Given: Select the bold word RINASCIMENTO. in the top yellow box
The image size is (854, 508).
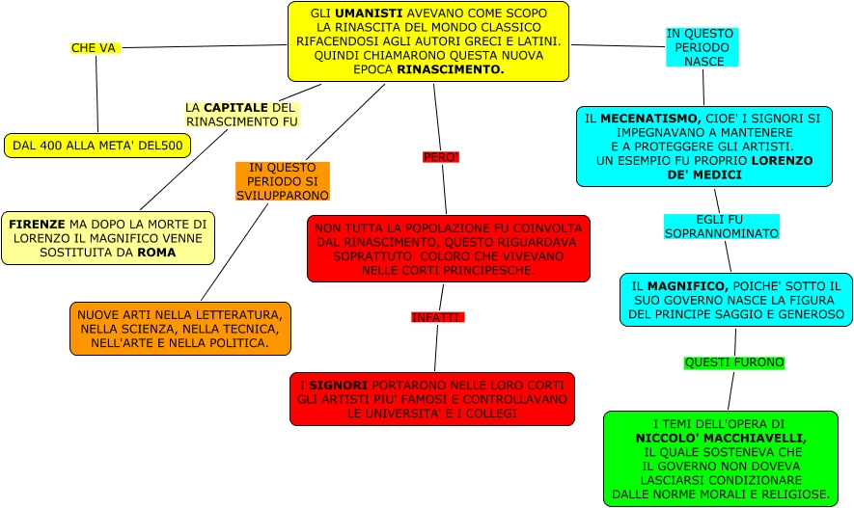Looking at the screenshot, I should click(451, 70).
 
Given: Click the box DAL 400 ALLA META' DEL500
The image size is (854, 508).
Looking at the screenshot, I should click(97, 146).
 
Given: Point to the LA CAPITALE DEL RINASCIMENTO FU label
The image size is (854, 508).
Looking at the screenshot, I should click(241, 115).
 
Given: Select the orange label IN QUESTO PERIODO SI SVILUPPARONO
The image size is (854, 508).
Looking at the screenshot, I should click(283, 181).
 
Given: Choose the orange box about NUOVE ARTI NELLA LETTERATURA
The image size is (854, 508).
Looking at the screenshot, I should click(179, 329).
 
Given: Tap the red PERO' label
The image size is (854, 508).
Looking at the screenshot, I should click(441, 156).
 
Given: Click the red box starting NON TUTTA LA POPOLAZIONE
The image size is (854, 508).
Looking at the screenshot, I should click(449, 249).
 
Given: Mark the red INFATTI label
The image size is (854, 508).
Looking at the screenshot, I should click(437, 317).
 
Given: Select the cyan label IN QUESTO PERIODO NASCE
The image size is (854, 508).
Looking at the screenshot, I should click(702, 47).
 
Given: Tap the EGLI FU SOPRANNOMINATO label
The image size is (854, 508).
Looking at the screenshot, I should click(721, 227).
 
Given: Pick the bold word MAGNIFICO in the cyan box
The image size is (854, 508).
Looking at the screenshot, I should click(687, 286).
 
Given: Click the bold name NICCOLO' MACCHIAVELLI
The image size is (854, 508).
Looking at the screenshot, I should click(720, 438).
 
